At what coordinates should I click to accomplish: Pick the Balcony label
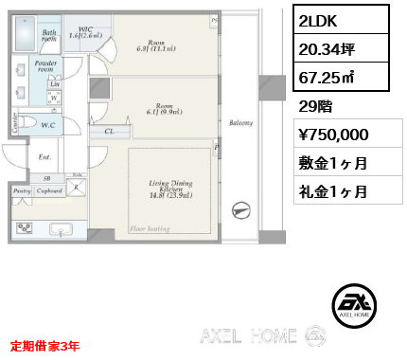click(x=240, y=122)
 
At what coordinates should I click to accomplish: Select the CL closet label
click(x=110, y=132)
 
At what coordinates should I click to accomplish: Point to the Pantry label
click(x=22, y=189)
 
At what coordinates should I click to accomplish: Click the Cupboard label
click(x=50, y=189)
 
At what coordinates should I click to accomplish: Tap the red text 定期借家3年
click(x=45, y=346)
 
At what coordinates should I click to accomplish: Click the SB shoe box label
click(x=47, y=177)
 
